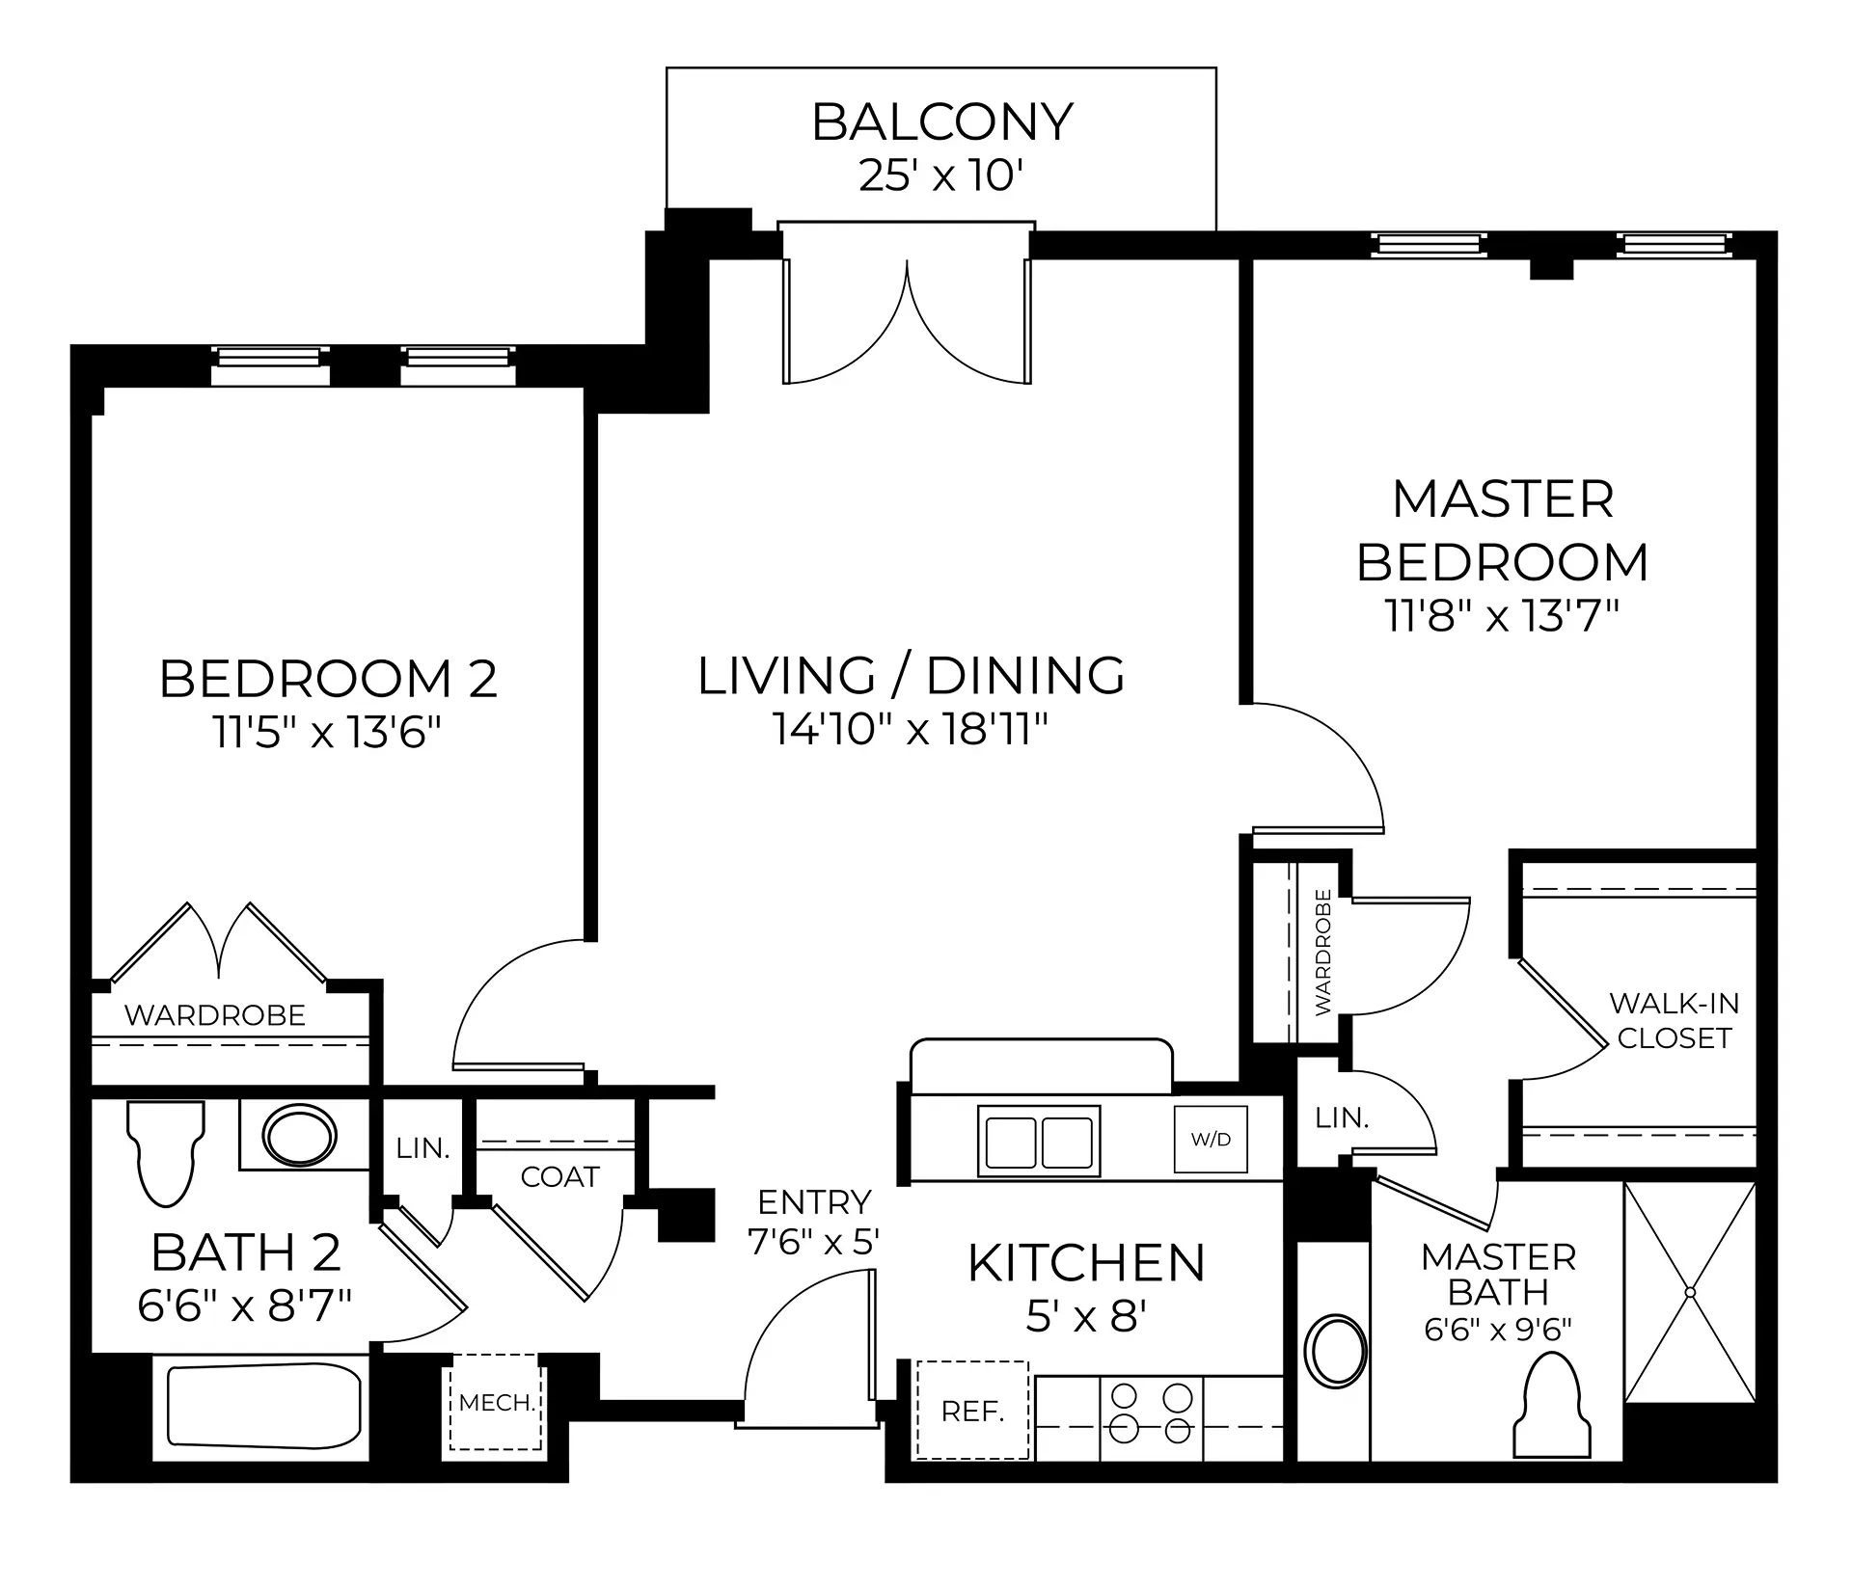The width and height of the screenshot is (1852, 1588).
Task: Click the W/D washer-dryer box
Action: click(x=1211, y=1139)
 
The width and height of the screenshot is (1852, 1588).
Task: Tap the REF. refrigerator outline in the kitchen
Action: click(x=971, y=1410)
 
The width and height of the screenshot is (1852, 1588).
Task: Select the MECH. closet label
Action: click(x=497, y=1403)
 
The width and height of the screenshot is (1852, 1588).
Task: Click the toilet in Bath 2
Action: click(x=166, y=1154)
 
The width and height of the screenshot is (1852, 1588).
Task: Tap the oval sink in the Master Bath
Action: click(x=1335, y=1351)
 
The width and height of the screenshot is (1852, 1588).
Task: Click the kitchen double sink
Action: click(x=1039, y=1142)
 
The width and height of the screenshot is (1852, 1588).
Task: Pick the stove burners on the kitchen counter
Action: click(x=1152, y=1413)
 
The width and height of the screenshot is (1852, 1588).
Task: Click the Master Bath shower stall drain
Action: click(x=1690, y=1291)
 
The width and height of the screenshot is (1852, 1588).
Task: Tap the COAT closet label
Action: click(x=559, y=1176)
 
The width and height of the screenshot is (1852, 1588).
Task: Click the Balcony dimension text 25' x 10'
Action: click(x=940, y=176)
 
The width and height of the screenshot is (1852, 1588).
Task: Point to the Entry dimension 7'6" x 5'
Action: click(x=814, y=1241)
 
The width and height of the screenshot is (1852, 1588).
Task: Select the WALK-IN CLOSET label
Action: click(x=1675, y=1021)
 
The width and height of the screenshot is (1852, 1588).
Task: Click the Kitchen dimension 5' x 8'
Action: click(x=1086, y=1315)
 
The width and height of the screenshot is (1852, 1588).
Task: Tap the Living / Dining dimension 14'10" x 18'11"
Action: click(x=911, y=729)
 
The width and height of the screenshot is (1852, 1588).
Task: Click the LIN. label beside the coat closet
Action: click(x=422, y=1148)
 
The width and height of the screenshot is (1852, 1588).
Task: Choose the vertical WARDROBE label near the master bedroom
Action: click(x=1322, y=952)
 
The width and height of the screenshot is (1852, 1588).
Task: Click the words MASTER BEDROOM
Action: click(x=1503, y=530)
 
